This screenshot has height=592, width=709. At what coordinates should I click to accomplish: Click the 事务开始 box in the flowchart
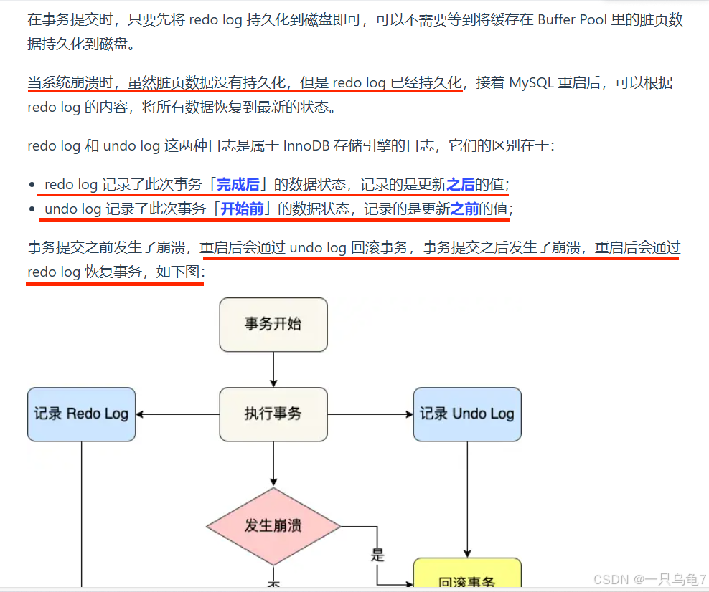[273, 325]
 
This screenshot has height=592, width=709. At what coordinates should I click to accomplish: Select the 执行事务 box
[273, 414]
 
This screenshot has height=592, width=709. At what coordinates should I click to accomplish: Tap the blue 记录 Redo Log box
[81, 414]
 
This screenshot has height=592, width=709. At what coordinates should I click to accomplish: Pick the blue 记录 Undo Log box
[467, 414]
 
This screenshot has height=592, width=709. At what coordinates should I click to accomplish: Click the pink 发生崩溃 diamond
[273, 525]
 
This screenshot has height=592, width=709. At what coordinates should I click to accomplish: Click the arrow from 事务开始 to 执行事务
[273, 370]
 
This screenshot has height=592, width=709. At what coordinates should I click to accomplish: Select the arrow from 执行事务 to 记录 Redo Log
[177, 414]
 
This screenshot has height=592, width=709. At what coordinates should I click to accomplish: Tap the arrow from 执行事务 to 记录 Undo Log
[370, 414]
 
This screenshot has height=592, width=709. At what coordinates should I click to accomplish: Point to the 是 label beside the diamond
[377, 554]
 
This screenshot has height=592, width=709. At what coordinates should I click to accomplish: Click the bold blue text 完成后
[238, 185]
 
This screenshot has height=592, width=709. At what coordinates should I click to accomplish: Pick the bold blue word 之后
[461, 185]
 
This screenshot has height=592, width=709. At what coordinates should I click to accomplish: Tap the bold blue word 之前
[464, 209]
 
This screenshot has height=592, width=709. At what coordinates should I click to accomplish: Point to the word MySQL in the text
[532, 82]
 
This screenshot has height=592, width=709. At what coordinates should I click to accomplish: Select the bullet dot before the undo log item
[32, 210]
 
